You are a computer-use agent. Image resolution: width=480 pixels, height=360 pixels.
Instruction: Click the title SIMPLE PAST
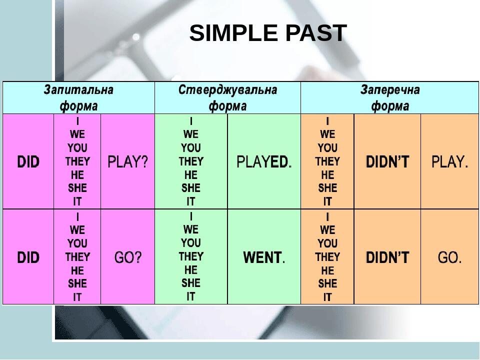point(268,33)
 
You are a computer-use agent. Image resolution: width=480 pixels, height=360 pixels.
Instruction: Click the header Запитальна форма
point(78,98)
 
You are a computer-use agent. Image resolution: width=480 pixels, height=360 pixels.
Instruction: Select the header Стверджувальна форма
point(227,98)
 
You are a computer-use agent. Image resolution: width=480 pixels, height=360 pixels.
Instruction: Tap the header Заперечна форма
point(389,98)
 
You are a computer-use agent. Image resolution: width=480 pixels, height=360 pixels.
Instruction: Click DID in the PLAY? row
point(28,161)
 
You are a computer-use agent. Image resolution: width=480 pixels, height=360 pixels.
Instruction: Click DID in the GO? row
point(28,257)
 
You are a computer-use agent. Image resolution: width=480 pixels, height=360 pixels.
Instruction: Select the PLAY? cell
point(127,161)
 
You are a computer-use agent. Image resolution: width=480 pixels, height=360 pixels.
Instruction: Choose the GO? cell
point(127,257)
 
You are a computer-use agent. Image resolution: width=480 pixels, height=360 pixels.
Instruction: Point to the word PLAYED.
point(264,162)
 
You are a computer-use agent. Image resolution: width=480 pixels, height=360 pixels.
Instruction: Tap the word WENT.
point(264,258)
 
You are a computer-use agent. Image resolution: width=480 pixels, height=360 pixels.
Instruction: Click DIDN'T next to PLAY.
point(387,161)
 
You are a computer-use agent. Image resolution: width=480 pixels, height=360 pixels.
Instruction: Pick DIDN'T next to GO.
point(387,257)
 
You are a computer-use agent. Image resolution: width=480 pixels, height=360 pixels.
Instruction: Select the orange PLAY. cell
point(450,161)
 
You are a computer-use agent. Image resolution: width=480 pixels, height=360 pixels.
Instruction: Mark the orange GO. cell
point(450,257)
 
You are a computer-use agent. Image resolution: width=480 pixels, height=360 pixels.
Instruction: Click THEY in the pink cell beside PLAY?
point(77,161)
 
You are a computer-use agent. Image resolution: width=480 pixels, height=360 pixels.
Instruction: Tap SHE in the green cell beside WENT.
point(191,283)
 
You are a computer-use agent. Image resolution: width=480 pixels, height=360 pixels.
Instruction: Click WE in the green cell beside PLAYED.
point(191,134)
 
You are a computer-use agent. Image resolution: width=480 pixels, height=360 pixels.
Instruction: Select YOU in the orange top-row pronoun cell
point(327,147)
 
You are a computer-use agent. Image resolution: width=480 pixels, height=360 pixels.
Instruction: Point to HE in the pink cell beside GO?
point(77,270)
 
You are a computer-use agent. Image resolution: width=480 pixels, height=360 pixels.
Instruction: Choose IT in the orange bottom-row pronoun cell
point(327,297)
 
